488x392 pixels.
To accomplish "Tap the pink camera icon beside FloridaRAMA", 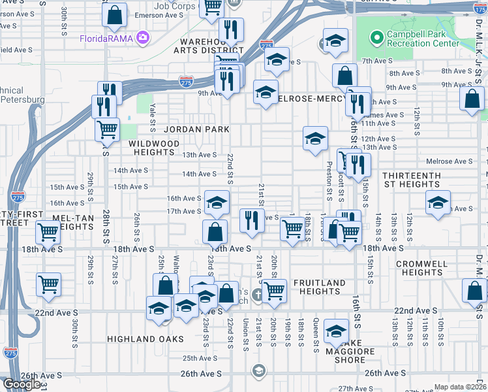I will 141,38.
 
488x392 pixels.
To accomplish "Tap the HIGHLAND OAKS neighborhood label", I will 145,339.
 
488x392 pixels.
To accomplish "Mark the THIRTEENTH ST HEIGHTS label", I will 411,180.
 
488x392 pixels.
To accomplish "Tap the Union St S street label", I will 245,333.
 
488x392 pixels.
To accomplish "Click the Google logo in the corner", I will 22,384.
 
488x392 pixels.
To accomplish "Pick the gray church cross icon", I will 258,294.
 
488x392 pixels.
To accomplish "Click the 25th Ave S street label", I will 199,358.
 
